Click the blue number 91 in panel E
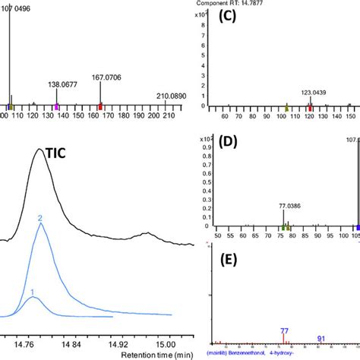(x=321, y=338)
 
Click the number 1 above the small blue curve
(x=32, y=292)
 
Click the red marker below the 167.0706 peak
(x=100, y=107)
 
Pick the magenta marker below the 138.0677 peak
(x=56, y=107)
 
